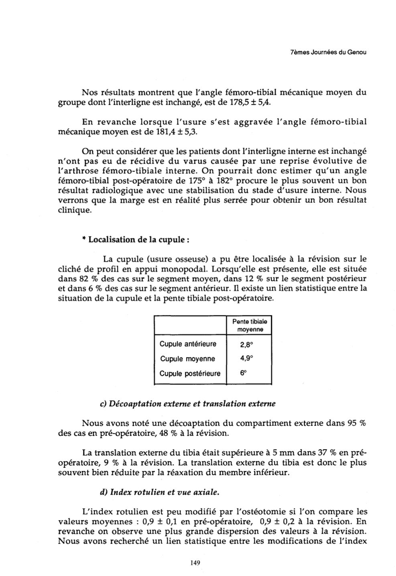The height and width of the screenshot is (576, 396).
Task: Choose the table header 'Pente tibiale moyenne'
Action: (x=250, y=325)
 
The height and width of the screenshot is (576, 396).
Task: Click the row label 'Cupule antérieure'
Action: (x=188, y=344)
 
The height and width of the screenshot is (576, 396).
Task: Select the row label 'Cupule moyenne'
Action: (x=187, y=359)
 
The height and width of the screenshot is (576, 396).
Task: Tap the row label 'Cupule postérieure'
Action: (x=190, y=374)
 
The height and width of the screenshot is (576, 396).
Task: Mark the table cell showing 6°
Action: (x=243, y=373)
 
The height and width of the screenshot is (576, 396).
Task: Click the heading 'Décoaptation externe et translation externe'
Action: (x=187, y=404)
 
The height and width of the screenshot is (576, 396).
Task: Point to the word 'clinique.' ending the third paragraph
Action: (x=75, y=210)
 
